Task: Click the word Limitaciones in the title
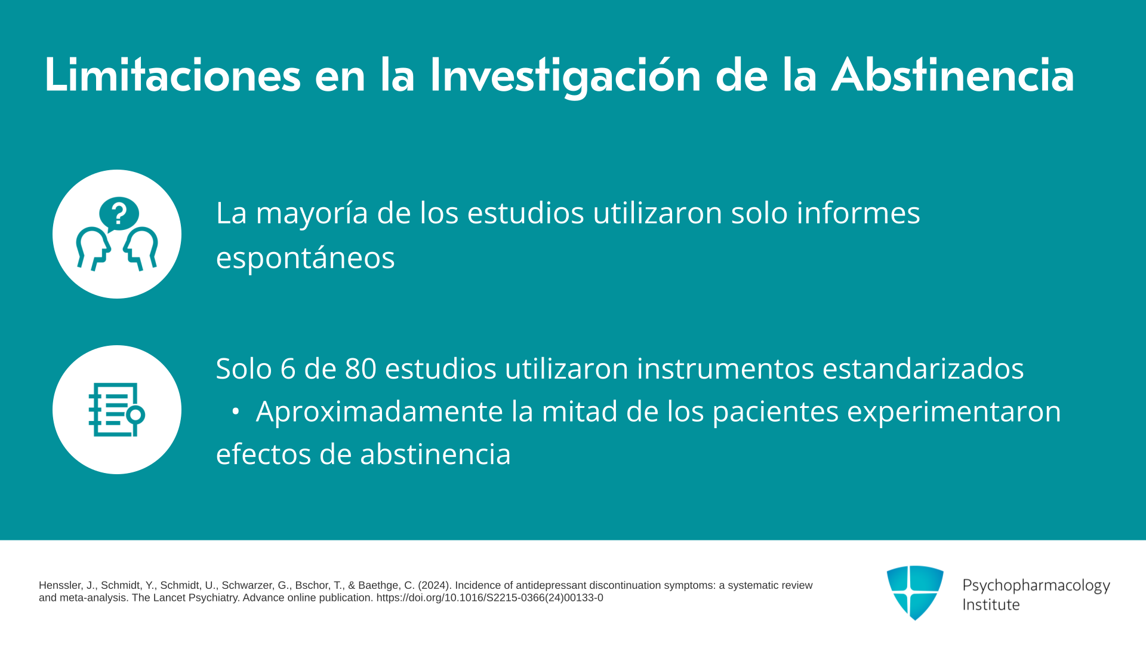point(172,75)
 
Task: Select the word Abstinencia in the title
point(953,75)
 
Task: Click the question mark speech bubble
point(119,214)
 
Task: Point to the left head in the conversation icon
point(93,248)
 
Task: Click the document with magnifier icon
point(116,410)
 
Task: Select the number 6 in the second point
point(288,368)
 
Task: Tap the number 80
point(361,368)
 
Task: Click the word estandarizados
point(923,368)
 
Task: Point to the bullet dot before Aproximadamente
point(235,411)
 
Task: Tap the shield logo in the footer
point(915,592)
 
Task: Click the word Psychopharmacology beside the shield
point(1036,586)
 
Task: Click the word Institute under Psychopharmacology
point(991,604)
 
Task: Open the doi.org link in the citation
point(489,598)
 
